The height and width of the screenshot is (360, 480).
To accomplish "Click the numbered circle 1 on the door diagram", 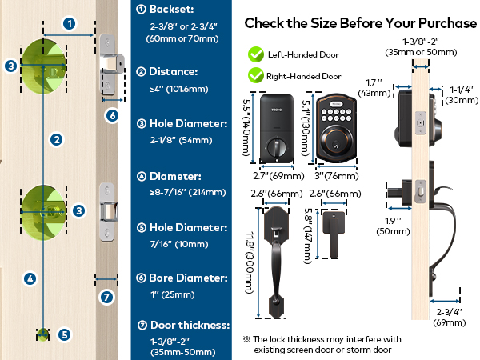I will [70, 23].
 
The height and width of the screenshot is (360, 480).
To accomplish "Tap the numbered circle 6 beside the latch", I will [112, 115].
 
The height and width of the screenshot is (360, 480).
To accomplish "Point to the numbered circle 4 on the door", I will [30, 279].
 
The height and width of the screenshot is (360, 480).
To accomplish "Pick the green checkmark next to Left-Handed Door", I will [256, 54].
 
